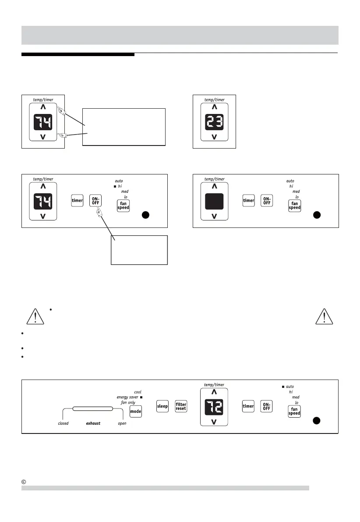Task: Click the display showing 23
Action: [x=214, y=121]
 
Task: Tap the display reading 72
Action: [x=214, y=406]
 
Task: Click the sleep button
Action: [x=162, y=406]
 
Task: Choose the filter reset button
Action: [x=181, y=406]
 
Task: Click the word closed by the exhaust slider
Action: [x=64, y=424]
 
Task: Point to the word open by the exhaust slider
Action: [x=122, y=424]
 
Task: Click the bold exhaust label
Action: [x=93, y=424]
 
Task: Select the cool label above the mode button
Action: [x=138, y=392]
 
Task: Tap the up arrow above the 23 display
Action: [x=214, y=107]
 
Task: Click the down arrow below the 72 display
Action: [x=214, y=422]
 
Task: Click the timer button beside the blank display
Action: [x=249, y=200]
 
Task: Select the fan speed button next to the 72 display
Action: [x=294, y=411]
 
